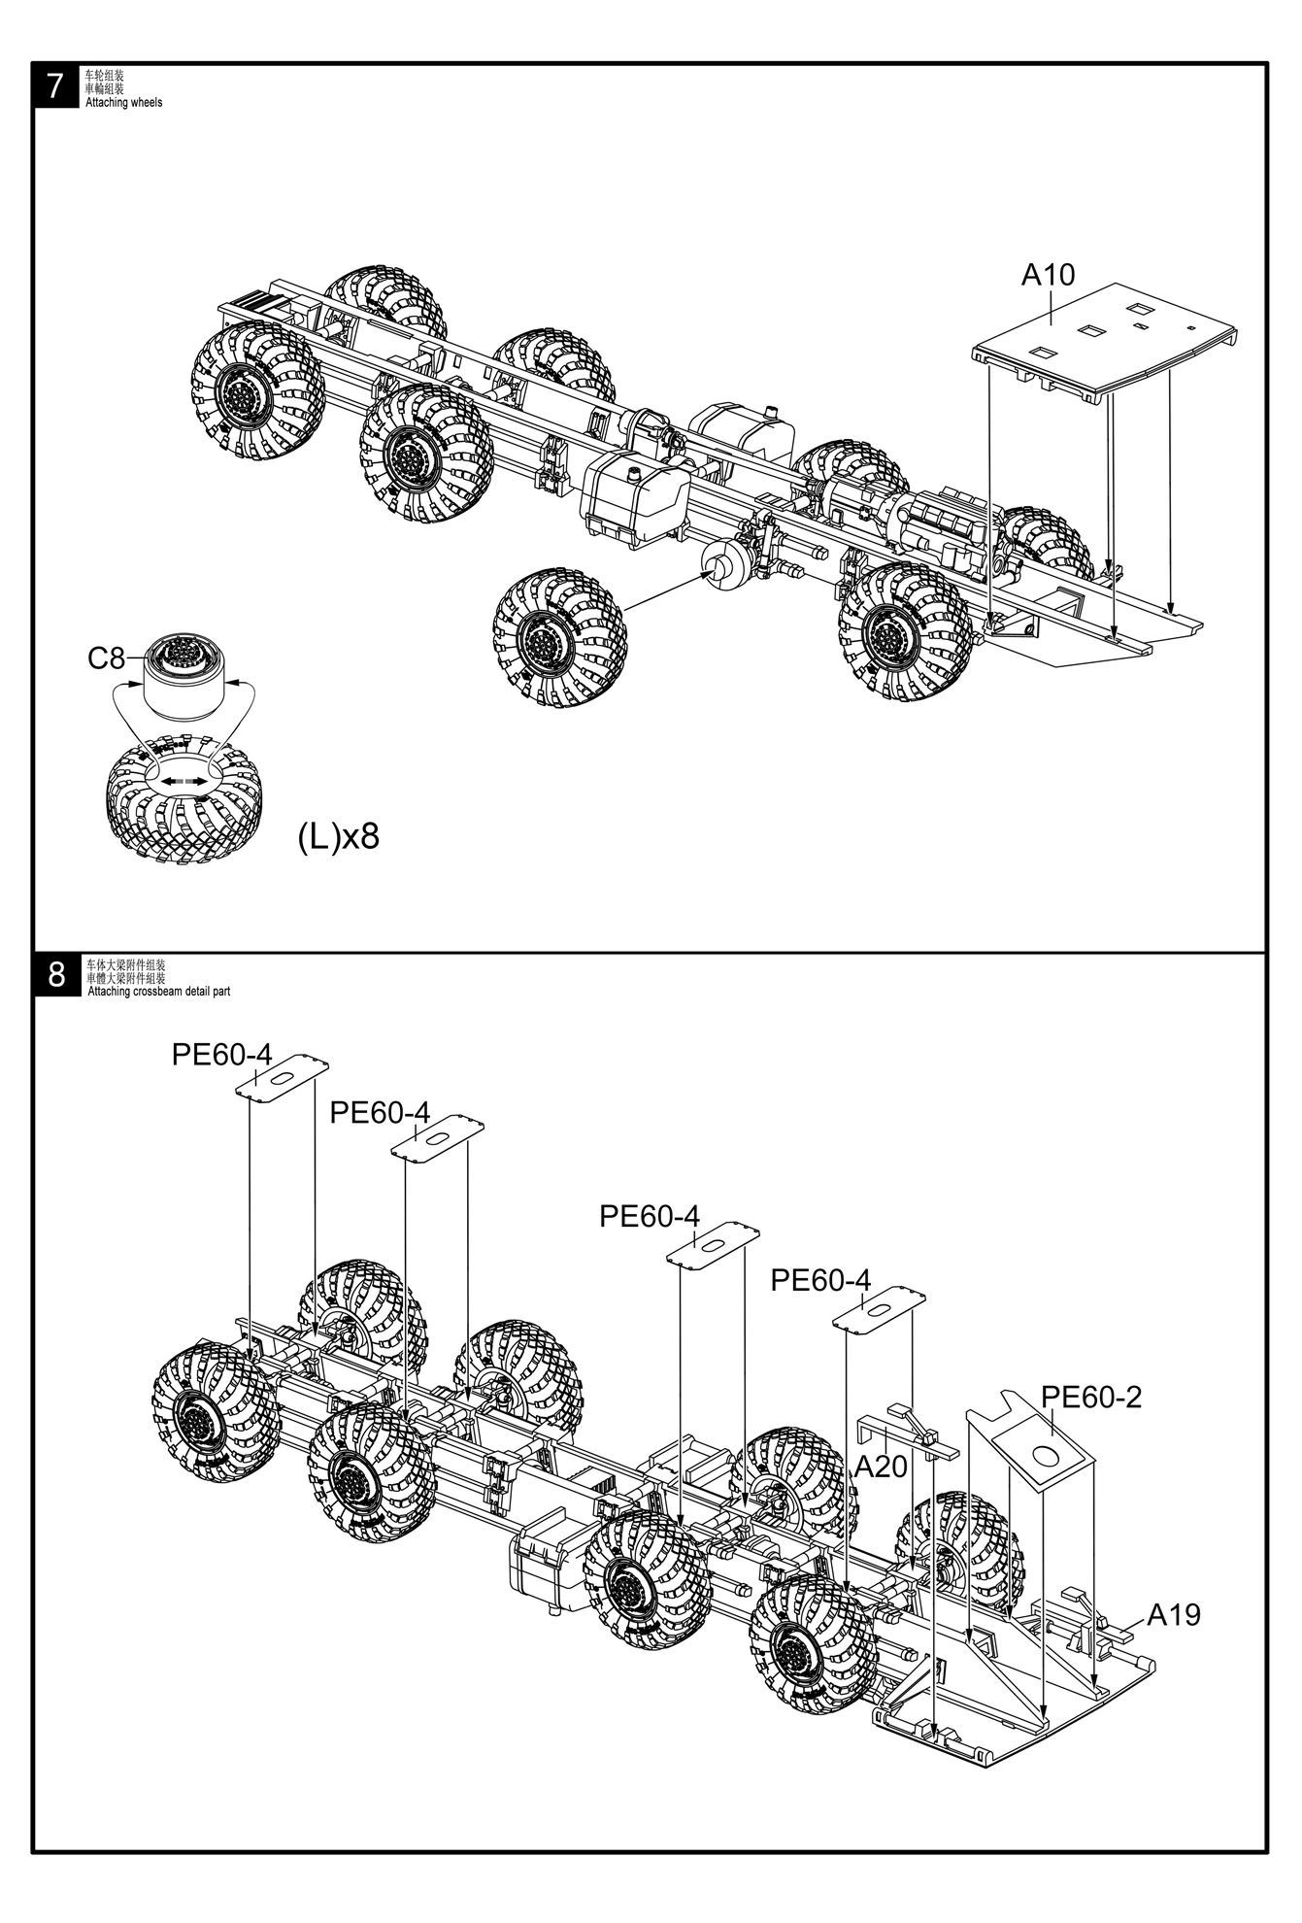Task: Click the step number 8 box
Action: coord(56,974)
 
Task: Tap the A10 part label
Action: coord(1048,276)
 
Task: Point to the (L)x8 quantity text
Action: coord(338,835)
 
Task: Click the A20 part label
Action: coord(880,1467)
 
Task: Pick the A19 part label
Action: coord(1174,1615)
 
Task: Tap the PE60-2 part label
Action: coord(1091,1398)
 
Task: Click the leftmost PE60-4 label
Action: coord(222,1055)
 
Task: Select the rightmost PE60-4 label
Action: coord(820,1280)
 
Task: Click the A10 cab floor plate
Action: coord(1107,345)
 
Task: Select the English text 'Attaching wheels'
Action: coord(124,102)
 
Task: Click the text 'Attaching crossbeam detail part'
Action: coord(158,992)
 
